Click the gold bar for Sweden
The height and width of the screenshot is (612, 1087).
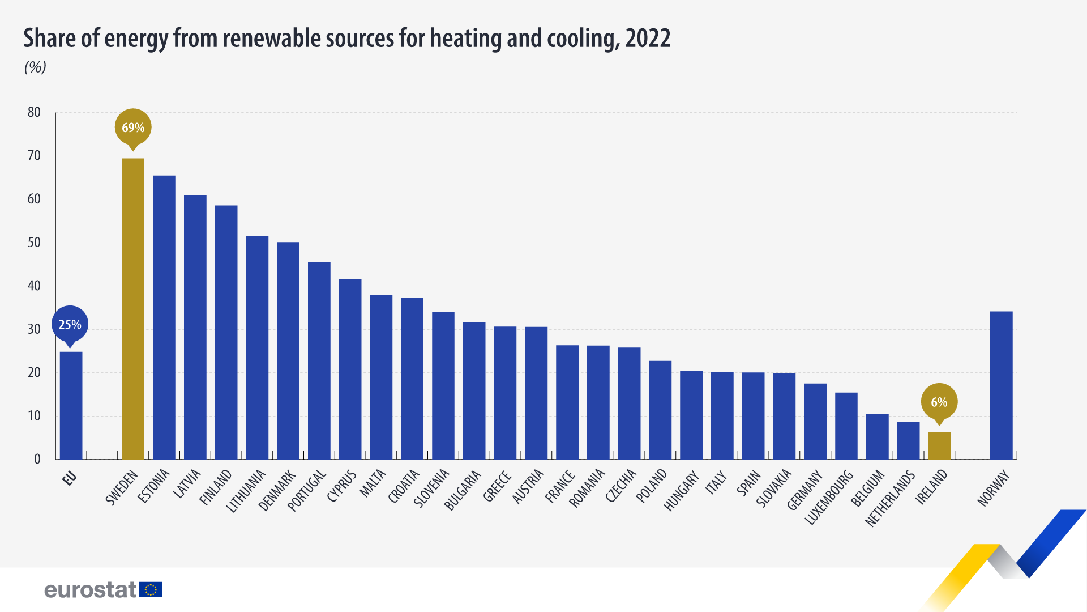133,309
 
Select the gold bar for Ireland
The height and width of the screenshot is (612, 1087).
939,445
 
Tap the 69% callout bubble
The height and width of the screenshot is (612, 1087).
133,127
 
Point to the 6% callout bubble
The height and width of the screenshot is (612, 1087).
939,402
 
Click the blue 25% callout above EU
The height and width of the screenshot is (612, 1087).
70,325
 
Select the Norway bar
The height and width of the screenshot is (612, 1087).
1001,385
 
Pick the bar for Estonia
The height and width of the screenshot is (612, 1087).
164,317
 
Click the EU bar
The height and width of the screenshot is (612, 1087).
71,405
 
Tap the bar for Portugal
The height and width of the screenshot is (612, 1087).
319,360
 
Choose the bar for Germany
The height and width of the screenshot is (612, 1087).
815,421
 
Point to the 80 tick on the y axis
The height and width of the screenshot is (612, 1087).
34,112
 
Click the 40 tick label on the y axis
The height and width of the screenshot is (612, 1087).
34,286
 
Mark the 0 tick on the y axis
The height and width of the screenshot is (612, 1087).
37,459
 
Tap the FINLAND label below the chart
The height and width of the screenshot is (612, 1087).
216,487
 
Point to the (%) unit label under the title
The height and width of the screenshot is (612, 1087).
35,67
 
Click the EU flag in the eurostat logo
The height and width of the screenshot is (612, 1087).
151,590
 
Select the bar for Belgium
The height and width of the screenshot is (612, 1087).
877,436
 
